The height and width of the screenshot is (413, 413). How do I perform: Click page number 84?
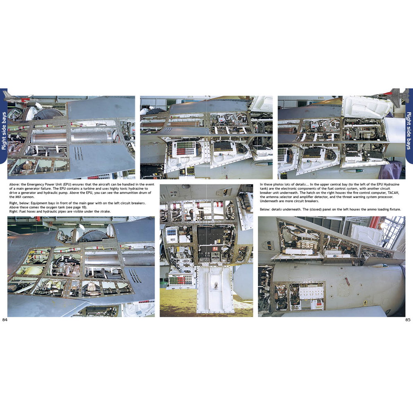tap(5, 320)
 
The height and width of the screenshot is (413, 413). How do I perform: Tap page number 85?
tap(408, 320)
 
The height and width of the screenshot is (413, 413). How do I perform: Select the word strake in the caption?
tap(104, 211)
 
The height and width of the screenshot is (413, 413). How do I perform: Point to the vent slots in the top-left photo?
tap(78, 154)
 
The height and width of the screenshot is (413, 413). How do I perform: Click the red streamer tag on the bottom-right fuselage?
tap(348, 281)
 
